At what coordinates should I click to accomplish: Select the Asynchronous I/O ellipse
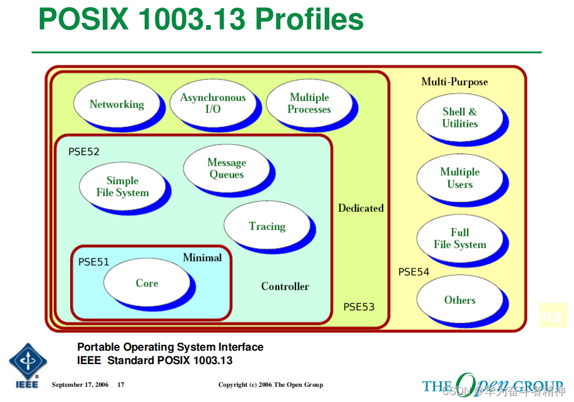click(x=213, y=103)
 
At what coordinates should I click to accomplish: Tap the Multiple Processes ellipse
click(x=309, y=103)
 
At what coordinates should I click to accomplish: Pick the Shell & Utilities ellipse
click(x=460, y=117)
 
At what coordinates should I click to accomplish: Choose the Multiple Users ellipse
click(x=460, y=178)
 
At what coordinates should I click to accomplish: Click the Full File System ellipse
click(x=460, y=239)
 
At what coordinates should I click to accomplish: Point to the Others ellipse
click(x=460, y=300)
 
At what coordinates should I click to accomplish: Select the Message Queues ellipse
click(x=227, y=168)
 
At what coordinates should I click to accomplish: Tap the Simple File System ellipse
click(x=122, y=186)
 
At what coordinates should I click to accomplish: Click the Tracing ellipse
click(x=267, y=226)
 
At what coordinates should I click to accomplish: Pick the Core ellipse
click(x=147, y=283)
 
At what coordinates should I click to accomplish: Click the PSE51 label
click(x=93, y=262)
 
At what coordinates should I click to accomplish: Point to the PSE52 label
click(x=84, y=152)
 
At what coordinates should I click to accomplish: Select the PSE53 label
click(x=359, y=307)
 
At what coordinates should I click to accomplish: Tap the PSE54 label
click(x=413, y=272)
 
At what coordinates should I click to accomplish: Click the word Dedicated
click(x=361, y=208)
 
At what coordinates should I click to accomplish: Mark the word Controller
click(x=285, y=286)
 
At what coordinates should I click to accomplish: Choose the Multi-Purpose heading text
click(x=454, y=82)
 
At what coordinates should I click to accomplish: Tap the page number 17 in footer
click(x=121, y=384)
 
